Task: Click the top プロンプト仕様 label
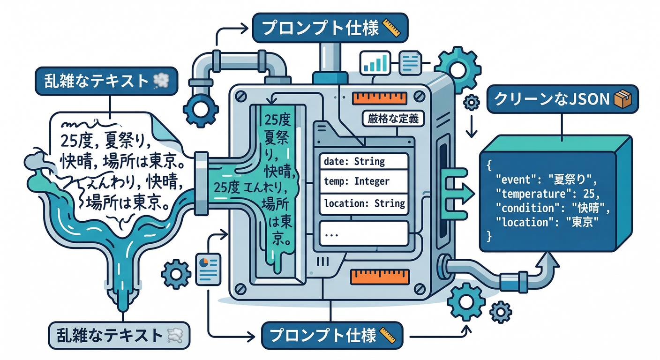pyautogui.click(x=330, y=29)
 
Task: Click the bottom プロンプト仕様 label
pyautogui.click(x=331, y=335)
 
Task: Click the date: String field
pyautogui.click(x=363, y=162)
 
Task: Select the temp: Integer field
pyautogui.click(x=363, y=182)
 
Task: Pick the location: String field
pyautogui.click(x=363, y=203)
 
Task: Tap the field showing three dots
pyautogui.click(x=363, y=233)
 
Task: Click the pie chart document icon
pyautogui.click(x=208, y=269)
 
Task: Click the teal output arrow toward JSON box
pyautogui.click(x=457, y=192)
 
